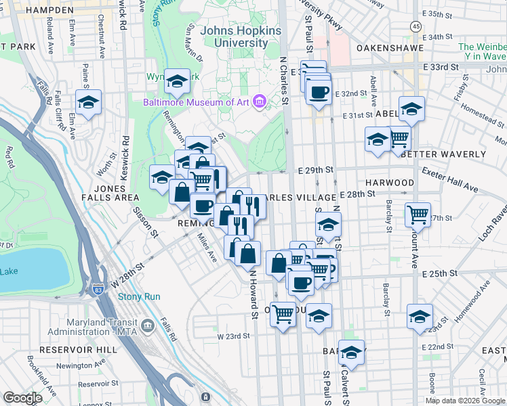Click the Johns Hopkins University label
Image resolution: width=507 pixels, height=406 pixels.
pyautogui.click(x=235, y=36)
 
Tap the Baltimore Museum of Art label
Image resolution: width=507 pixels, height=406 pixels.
pyautogui.click(x=196, y=103)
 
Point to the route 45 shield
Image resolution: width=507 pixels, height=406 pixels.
pyautogui.click(x=415, y=25)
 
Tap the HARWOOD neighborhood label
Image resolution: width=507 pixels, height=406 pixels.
pyautogui.click(x=390, y=183)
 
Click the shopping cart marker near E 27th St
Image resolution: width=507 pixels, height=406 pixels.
pyautogui.click(x=418, y=215)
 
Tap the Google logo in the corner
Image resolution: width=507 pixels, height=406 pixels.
pyautogui.click(x=23, y=398)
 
